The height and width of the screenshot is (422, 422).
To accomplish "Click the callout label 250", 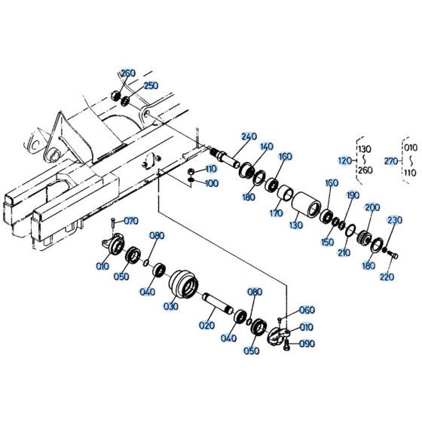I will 151,86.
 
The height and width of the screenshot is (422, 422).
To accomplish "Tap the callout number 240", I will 249,136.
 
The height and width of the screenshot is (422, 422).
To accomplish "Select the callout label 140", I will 267,146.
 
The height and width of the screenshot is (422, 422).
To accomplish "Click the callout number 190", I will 352,195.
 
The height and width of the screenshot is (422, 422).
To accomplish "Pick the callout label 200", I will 372,207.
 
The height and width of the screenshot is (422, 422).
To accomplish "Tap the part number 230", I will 395,220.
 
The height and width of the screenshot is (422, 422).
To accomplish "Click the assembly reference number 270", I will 390,161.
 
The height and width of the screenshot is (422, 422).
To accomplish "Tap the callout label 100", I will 212,183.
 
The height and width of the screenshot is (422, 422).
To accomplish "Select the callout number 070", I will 131,221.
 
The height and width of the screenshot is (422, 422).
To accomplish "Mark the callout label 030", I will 171,307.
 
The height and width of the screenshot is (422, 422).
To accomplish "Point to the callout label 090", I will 307,344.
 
